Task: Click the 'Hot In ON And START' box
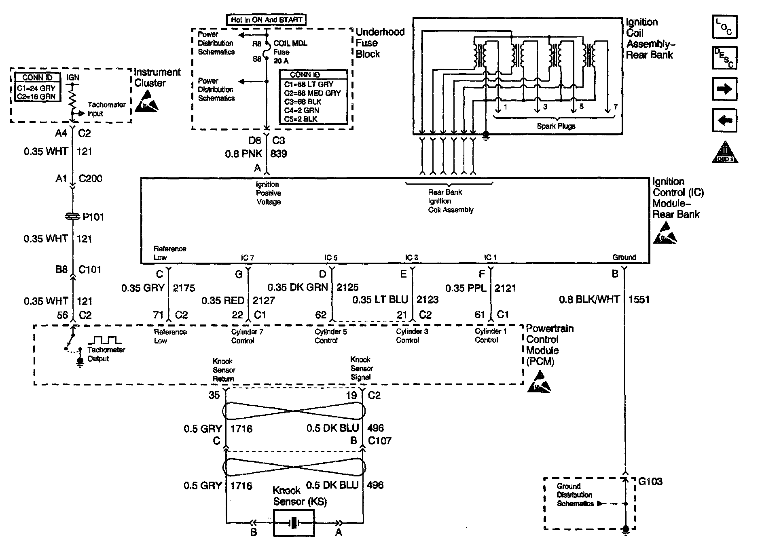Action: [x=266, y=19]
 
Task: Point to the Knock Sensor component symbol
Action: [x=294, y=523]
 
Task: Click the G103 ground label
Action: [x=650, y=481]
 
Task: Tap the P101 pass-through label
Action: [x=93, y=217]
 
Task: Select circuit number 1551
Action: [x=639, y=299]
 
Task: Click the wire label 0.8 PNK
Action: [x=243, y=154]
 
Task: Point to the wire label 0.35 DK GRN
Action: [x=298, y=287]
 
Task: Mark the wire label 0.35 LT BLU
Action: [x=380, y=299]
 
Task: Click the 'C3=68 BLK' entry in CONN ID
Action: [x=303, y=102]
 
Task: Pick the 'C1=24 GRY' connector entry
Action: [x=36, y=88]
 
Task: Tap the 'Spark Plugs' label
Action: [x=556, y=126]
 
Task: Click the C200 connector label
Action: [x=90, y=179]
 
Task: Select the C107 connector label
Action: [x=379, y=440]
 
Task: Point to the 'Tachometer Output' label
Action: [x=106, y=354]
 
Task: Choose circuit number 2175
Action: [x=184, y=288]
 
